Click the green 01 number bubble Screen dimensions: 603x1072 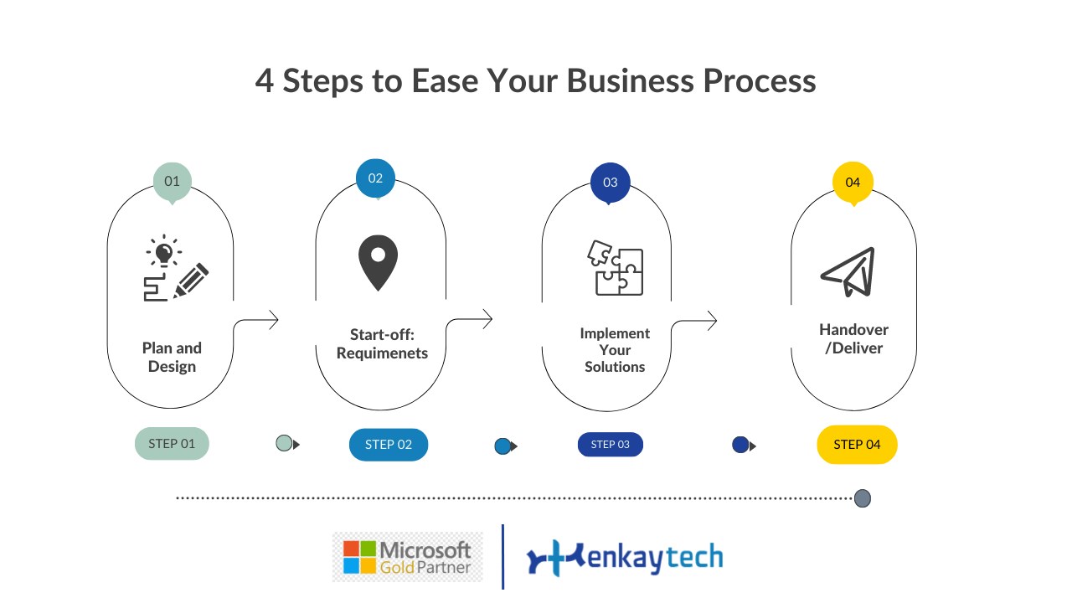point(172,182)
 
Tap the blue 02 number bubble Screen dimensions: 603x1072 point(375,178)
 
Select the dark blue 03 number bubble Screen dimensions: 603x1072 point(610,183)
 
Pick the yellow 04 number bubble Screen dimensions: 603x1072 point(853,183)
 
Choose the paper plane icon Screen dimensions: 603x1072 point(848,271)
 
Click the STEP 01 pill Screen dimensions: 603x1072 point(172,444)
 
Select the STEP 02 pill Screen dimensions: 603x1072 point(389,445)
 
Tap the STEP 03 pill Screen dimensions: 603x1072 point(610,445)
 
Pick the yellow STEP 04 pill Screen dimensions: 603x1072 point(857,445)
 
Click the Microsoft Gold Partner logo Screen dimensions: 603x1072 point(408,557)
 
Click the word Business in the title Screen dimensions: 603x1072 point(630,81)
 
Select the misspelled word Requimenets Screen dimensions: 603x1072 point(382,353)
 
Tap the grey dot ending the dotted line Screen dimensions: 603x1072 point(862,499)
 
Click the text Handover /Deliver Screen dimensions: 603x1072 point(853,338)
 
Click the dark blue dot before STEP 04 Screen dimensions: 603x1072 point(740,445)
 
